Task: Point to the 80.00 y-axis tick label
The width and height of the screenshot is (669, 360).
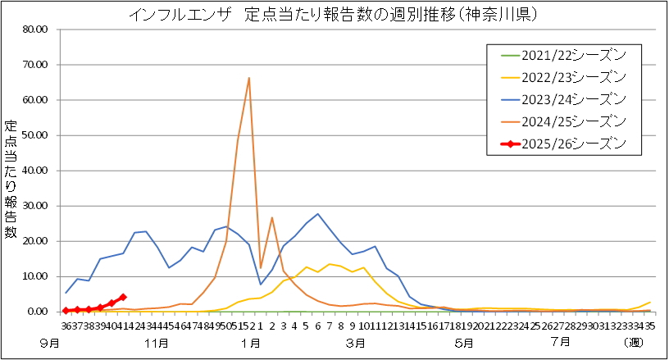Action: (36, 30)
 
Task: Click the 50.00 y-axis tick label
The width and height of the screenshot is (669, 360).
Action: (36, 135)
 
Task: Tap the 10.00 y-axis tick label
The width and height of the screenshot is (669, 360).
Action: (36, 276)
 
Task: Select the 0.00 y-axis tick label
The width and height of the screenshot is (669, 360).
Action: (39, 312)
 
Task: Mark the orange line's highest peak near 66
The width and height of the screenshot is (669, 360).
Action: (248, 79)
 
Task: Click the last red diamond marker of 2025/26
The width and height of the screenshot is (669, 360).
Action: (123, 297)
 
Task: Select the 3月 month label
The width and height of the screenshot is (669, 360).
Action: (356, 340)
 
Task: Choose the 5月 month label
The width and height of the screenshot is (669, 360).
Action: (464, 340)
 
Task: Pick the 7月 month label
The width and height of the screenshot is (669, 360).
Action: (561, 340)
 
